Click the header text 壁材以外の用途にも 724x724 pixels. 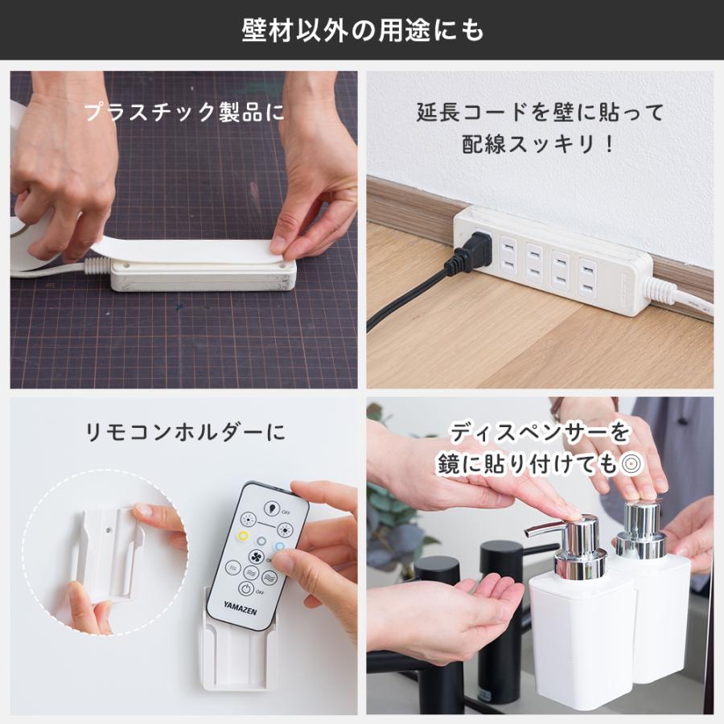tap(362, 30)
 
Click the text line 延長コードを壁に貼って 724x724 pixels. tap(540, 112)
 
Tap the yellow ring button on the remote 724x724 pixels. tap(242, 537)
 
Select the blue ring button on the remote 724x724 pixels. tap(279, 545)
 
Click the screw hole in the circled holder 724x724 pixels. tap(112, 531)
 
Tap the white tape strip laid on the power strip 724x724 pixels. tap(193, 250)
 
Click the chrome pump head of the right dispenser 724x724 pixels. tap(644, 531)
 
